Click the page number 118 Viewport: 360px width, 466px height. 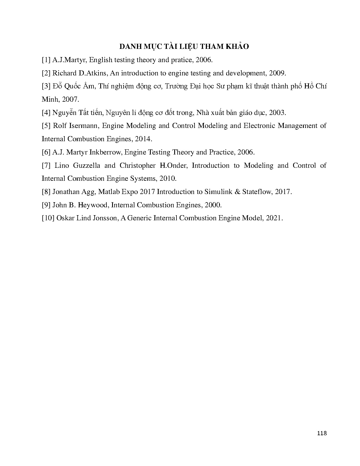click(322, 433)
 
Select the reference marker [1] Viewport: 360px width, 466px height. click(46, 60)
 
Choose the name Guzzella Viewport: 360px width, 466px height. click(87, 166)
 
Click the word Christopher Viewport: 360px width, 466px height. click(138, 166)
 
